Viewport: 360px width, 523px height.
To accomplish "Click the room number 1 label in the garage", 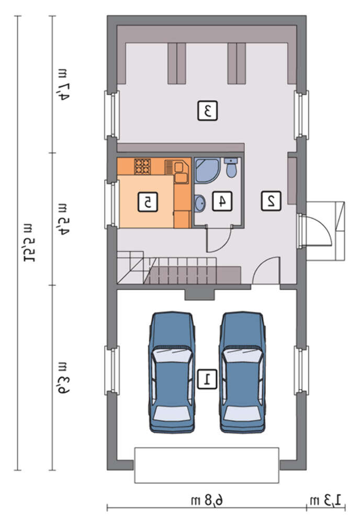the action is pos(207,379).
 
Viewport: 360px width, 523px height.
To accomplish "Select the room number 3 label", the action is pos(207,110).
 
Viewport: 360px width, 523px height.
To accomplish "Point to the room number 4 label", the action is pos(222,201).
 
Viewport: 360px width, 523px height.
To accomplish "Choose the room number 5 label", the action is pos(148,201).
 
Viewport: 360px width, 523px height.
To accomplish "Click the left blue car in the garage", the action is pos(172,372).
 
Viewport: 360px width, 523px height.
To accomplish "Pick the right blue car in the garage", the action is pos(243,372).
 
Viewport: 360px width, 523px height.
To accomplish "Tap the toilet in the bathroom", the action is pos(231,167).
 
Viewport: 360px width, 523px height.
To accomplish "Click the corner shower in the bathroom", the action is pos(207,170).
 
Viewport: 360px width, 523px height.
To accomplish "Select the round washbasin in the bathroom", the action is pos(200,203).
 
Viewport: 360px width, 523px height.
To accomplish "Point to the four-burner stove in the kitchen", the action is pos(142,166).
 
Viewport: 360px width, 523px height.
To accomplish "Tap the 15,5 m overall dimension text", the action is pos(28,242).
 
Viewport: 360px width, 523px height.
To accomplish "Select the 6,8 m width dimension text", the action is pos(207,501).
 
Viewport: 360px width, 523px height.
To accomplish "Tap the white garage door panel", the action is pos(207,465).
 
